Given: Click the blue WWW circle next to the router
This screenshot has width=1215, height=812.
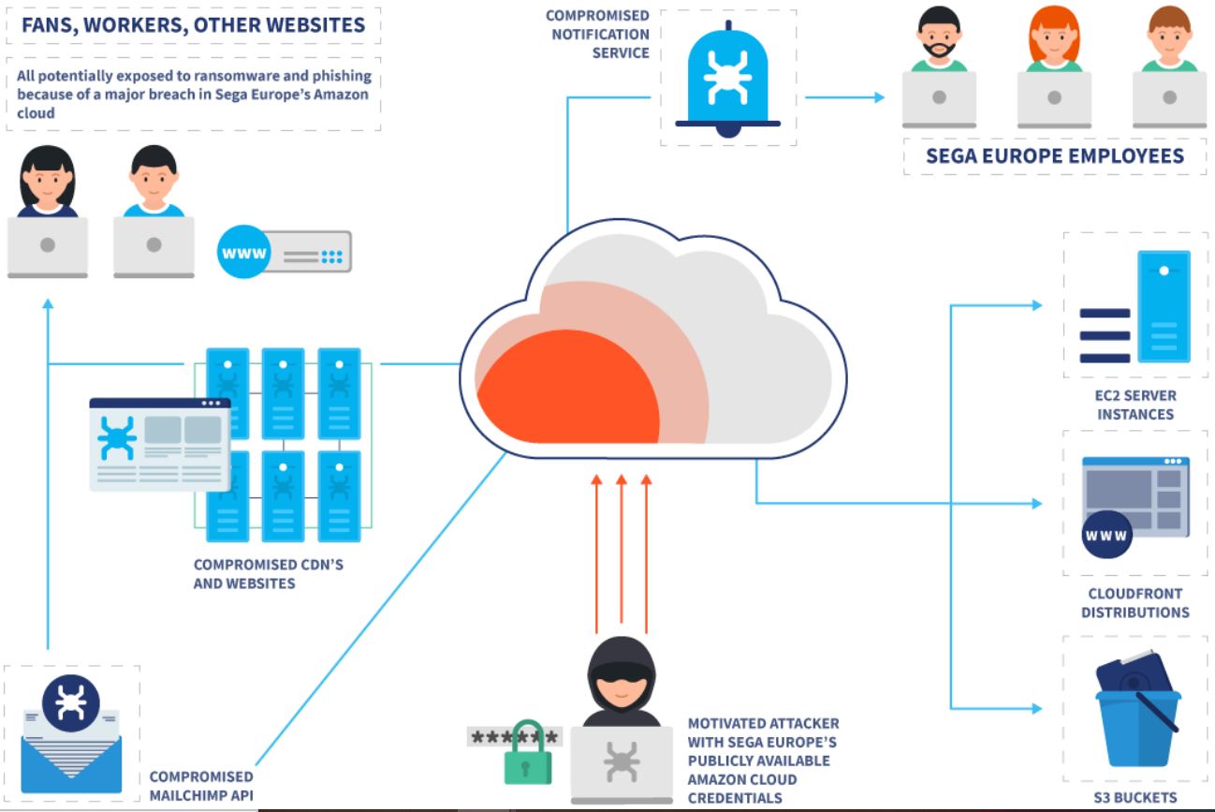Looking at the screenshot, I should coord(243,253).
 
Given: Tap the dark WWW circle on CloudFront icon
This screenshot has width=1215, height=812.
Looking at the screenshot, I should coord(1105,537).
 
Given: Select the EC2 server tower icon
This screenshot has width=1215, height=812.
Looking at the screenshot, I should coord(1164,306).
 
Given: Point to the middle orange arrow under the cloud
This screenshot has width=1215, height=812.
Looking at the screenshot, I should coord(621,553).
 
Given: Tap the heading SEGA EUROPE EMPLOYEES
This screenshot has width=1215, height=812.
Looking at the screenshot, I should coord(1054,155).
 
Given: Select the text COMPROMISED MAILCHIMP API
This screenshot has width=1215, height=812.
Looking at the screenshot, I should coord(201,786).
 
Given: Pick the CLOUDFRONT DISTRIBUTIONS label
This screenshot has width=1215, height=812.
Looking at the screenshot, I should coord(1135,602).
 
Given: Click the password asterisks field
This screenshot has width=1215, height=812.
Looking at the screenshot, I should coord(514,736).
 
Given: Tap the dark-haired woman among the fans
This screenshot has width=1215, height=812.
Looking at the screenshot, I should coord(47,183).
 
